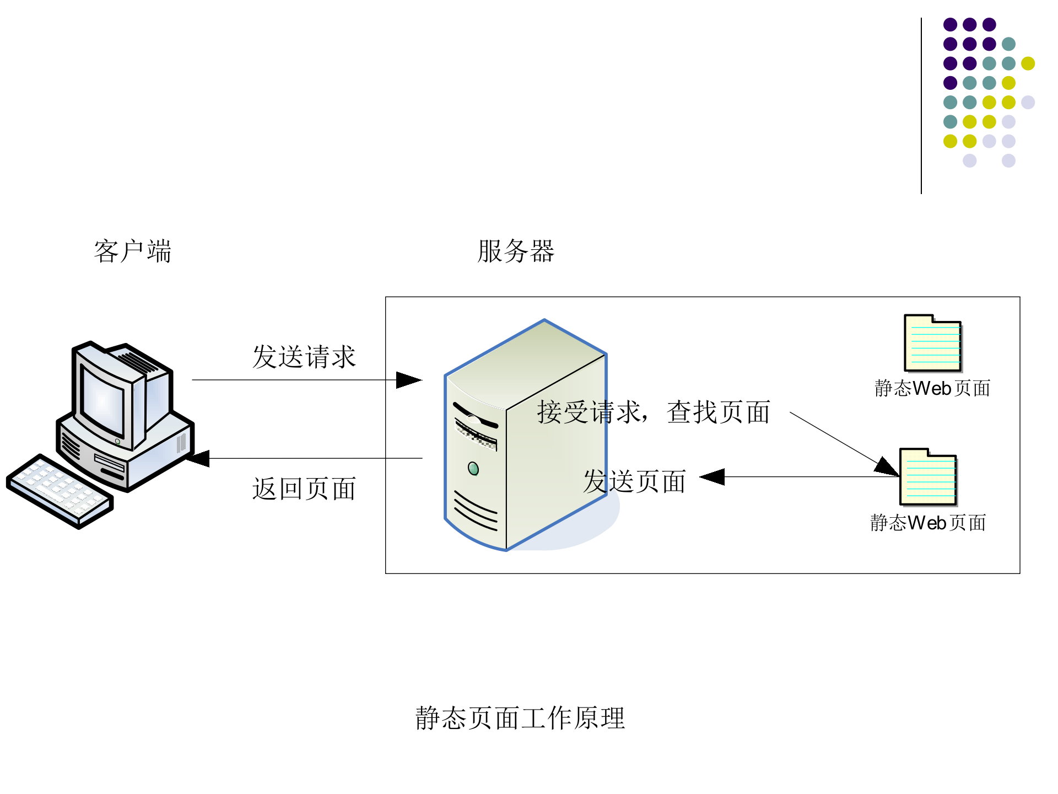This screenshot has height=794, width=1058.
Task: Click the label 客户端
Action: (132, 251)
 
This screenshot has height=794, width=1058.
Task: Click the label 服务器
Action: (515, 251)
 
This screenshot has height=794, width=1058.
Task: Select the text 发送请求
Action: (304, 357)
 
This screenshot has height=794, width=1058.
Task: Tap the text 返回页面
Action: (304, 489)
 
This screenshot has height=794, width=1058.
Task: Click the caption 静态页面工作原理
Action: (520, 718)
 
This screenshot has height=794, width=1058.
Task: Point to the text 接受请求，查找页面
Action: (653, 412)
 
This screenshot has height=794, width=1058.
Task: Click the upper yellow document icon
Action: (932, 344)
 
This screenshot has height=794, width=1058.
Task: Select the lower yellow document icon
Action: (928, 477)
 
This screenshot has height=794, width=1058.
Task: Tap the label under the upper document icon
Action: (932, 388)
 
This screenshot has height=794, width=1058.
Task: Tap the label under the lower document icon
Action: (928, 523)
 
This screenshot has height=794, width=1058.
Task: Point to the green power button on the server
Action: (473, 469)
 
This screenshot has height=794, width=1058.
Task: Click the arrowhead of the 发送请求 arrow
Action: (409, 380)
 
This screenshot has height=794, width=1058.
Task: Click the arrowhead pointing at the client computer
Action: (198, 458)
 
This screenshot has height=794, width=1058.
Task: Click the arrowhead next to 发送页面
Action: (712, 477)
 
